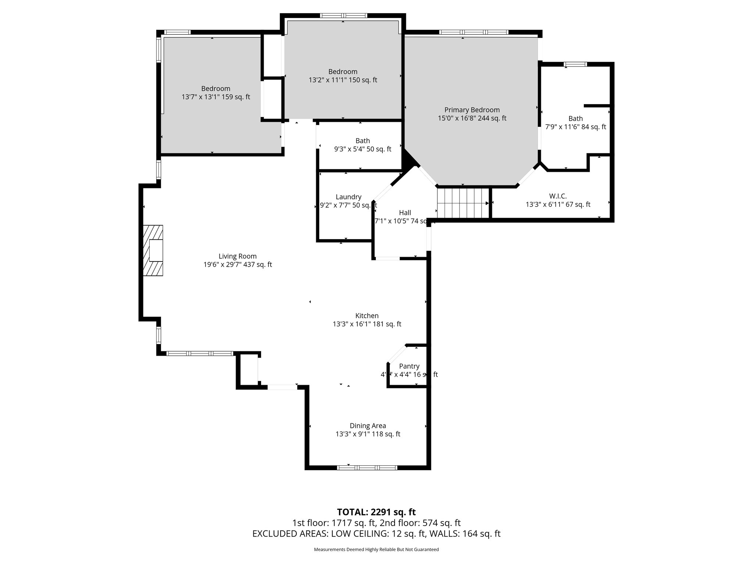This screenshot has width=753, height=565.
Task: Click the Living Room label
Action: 238,256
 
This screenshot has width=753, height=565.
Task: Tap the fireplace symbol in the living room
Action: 153,250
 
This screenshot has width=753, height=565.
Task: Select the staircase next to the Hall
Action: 463,203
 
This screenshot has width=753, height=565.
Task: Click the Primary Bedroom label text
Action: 472,110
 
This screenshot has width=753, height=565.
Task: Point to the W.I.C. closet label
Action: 558,196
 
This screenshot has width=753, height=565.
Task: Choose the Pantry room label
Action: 409,366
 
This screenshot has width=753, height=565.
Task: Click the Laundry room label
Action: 348,197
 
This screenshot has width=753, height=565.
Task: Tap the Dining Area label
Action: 368,426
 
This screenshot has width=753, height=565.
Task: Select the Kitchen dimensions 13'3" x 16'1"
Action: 367,324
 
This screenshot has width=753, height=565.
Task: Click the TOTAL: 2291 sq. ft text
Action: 376,512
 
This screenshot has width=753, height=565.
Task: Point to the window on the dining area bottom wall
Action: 367,468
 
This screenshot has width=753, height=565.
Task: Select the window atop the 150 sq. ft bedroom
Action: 343,15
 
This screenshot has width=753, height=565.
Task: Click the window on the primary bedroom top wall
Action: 474,32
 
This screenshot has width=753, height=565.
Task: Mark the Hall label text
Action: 405,213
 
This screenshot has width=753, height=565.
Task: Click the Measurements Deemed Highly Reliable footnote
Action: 376,550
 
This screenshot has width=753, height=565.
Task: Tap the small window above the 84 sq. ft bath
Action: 575,64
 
